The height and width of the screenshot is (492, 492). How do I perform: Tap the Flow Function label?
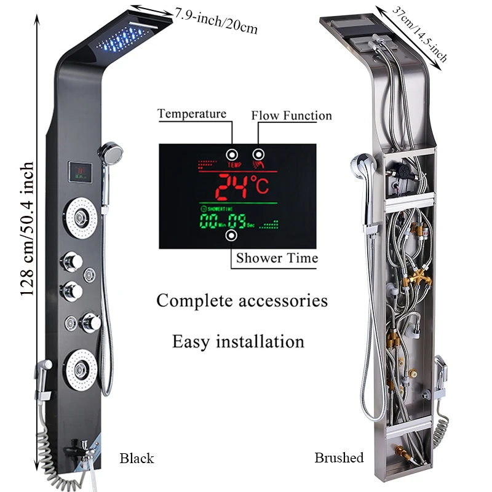tap(291, 116)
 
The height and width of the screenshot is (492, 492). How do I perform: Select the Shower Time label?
tap(277, 258)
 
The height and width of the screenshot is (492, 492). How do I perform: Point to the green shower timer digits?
tap(226, 222)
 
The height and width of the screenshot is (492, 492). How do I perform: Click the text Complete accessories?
tap(242, 301)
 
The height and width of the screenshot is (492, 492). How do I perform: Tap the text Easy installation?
tap(238, 341)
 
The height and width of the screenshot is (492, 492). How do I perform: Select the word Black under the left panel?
tap(137, 458)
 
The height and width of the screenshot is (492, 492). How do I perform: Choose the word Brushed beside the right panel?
tap(339, 458)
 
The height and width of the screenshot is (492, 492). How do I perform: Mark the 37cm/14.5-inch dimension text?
tap(419, 34)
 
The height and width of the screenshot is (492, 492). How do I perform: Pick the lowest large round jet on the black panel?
tap(79, 367)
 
